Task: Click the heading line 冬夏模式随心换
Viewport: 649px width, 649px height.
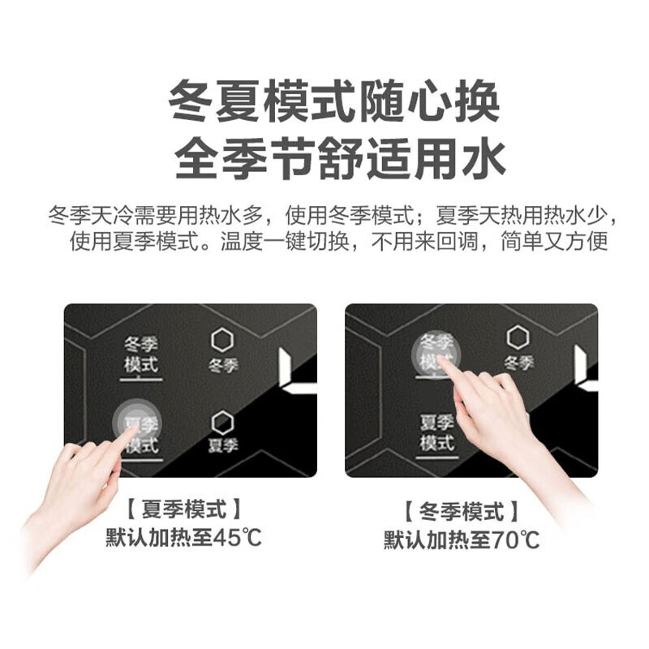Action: coord(333,101)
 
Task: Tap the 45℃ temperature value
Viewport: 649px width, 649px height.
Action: coord(237,537)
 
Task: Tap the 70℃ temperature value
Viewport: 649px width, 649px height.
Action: coord(515,539)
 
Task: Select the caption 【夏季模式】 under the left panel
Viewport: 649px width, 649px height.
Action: coord(184,509)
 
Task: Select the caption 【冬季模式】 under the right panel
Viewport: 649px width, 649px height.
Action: coord(462,512)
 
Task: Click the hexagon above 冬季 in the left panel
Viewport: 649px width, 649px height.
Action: coord(222,340)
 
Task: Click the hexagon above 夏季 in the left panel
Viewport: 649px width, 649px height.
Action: coord(222,422)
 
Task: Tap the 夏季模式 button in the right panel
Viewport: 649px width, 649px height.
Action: coord(437,436)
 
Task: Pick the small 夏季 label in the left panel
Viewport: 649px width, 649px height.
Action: coord(223,445)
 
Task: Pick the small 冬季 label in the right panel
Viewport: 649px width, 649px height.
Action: coord(518,363)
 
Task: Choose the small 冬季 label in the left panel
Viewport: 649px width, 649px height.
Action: coord(223,366)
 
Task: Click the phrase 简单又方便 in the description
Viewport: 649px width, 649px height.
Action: coord(554,241)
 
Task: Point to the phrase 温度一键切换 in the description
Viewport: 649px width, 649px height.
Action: coord(285,241)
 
